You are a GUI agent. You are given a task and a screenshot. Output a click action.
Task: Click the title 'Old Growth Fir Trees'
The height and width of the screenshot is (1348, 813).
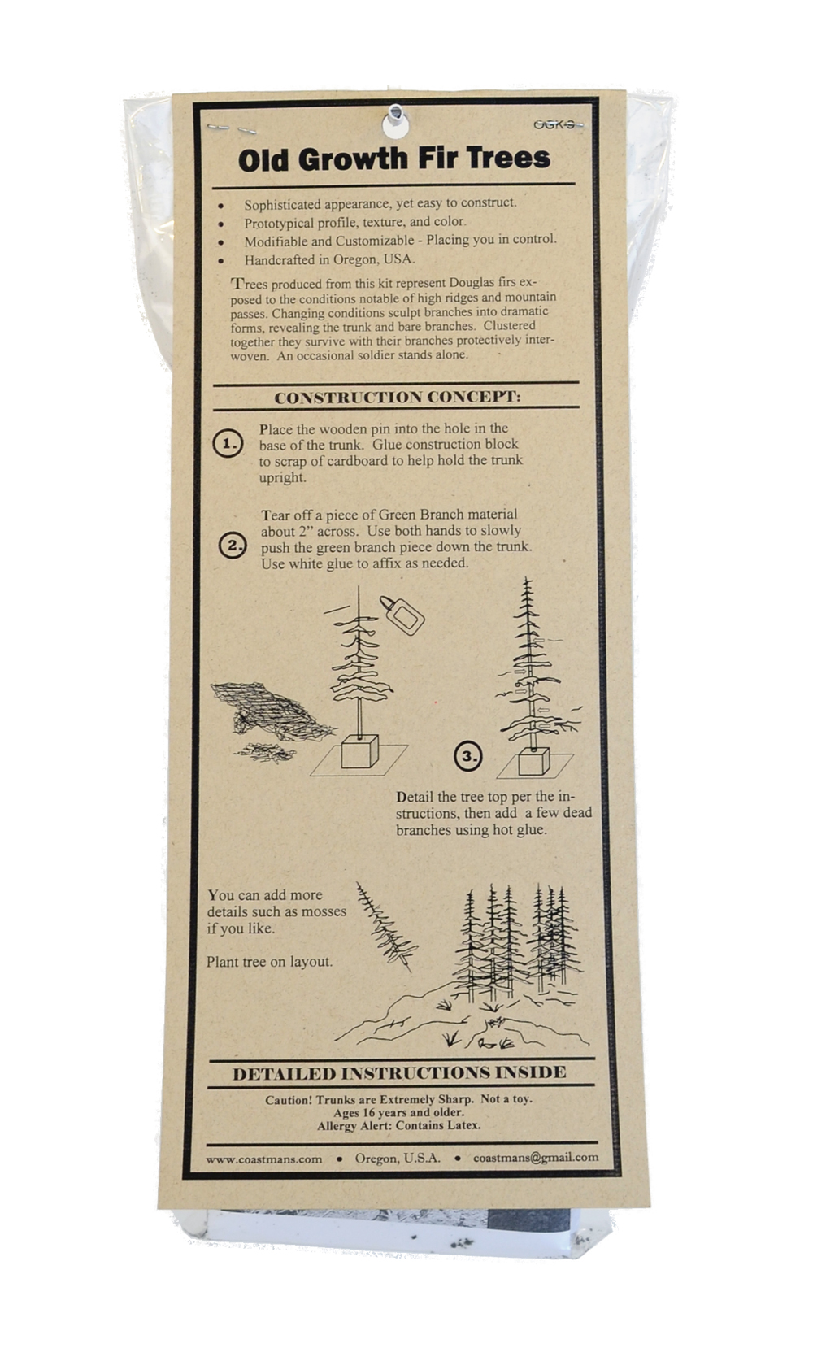(394, 159)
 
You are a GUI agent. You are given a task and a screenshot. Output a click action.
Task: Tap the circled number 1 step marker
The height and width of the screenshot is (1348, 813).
(228, 444)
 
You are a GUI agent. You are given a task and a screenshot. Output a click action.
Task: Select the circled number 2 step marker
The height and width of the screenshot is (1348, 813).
(233, 546)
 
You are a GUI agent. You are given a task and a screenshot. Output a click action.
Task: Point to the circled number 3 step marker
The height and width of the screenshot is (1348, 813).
(468, 756)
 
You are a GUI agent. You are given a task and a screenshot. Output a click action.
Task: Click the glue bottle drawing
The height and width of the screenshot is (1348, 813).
(402, 615)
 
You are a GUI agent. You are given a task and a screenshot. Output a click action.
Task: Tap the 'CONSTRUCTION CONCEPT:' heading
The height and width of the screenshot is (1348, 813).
(398, 398)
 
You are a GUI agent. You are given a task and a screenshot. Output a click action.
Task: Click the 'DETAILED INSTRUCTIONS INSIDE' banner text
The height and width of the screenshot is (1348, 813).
(399, 1073)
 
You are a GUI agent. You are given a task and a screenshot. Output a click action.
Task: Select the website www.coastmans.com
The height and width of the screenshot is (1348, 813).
(263, 1159)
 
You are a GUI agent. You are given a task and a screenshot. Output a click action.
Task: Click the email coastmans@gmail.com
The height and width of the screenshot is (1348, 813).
(536, 1157)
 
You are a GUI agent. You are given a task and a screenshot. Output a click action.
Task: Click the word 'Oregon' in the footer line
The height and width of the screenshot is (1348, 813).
(376, 1159)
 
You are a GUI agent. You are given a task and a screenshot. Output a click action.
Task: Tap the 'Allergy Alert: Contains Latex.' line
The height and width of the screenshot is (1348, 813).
(399, 1125)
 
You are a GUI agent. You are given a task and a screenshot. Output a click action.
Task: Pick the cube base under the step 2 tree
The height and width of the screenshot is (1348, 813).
(359, 751)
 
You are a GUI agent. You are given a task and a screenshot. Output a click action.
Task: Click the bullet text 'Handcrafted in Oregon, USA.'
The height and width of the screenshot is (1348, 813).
(329, 260)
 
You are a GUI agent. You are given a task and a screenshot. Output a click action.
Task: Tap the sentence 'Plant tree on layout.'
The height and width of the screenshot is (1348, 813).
(269, 962)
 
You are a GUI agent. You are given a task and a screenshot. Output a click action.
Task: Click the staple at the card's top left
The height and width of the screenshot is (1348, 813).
(232, 128)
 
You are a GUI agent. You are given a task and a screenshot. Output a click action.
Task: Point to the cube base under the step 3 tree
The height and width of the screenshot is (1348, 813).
(534, 761)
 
